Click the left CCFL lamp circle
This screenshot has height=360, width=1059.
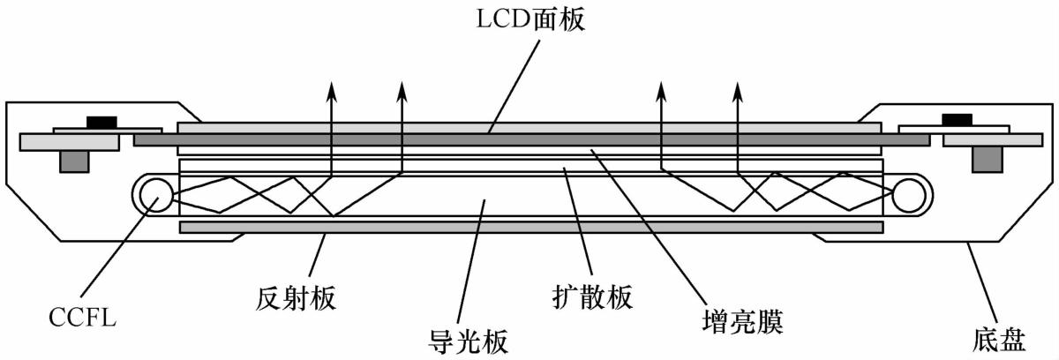[x=154, y=194]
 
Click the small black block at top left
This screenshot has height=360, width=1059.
[x=100, y=121]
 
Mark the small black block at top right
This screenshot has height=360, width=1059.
[x=957, y=119]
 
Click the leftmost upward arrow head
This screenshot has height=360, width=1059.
[x=332, y=88]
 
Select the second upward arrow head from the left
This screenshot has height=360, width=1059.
[x=402, y=88]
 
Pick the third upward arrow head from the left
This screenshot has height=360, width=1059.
[x=661, y=88]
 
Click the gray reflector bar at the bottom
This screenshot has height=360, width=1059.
[x=530, y=227]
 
